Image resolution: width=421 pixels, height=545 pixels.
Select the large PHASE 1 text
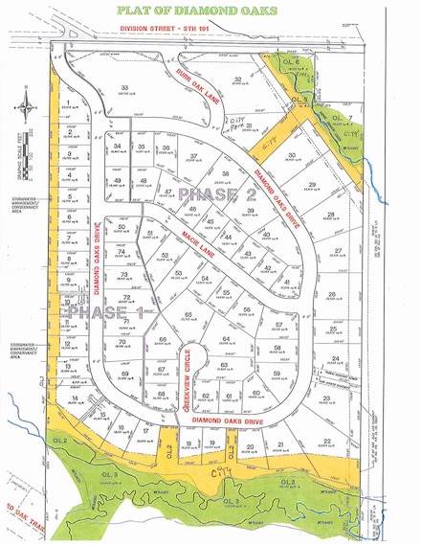pyautogui.click(x=99, y=313)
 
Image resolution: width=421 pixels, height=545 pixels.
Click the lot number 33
pyautogui.click(x=124, y=88)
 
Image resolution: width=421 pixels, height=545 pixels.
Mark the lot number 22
pyautogui.click(x=327, y=440)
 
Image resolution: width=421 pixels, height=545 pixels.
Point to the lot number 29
pyautogui.click(x=311, y=184)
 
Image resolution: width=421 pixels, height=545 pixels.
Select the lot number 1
pyautogui.click(x=69, y=109)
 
